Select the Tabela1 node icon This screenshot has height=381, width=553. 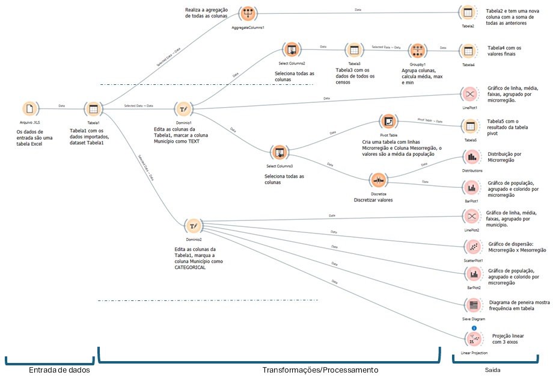pos(93,109)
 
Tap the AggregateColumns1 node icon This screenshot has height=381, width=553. pos(248,14)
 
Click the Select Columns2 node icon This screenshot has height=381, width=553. pos(292,50)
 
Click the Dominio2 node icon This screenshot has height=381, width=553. pos(193,226)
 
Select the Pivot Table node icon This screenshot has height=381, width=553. pos(388,122)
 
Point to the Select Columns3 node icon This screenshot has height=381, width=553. pos(278,152)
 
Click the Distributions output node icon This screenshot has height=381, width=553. pos(472,156)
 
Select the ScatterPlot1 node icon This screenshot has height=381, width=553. pos(472,246)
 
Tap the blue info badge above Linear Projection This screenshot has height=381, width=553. pos(474,327)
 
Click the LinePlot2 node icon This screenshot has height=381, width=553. pos(472,215)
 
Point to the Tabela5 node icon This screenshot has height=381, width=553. pos(470,126)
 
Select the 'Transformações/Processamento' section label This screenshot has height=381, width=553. pos(320,370)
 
